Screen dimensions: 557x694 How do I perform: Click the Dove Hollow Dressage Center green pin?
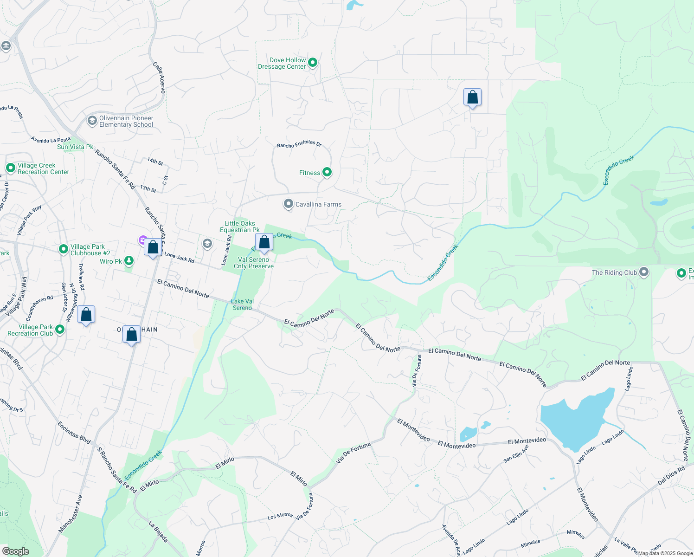coord(313,62)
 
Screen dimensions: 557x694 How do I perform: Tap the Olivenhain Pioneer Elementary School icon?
coord(92,121)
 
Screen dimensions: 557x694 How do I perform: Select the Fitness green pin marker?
coord(327,172)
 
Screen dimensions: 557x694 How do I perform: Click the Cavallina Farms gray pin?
coord(289,204)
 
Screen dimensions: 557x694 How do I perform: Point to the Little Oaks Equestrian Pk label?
coord(239,227)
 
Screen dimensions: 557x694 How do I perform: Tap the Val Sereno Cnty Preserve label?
coord(254,263)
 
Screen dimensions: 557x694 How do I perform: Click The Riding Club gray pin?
coord(643,272)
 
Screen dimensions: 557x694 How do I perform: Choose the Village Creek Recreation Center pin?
coord(10,168)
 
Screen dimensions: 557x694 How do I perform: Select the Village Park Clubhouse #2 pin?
coord(64,249)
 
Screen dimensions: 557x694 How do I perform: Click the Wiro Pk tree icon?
coord(129,261)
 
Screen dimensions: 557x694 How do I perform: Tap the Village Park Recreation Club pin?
coord(60,330)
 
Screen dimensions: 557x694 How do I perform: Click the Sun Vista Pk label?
coord(75,147)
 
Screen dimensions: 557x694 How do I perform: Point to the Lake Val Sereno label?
coord(242,304)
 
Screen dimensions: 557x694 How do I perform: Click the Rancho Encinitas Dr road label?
coord(299,144)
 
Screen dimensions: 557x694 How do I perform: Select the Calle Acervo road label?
coord(159,78)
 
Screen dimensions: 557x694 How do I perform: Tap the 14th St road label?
coord(155,161)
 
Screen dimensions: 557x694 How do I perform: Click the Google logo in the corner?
coord(15,551)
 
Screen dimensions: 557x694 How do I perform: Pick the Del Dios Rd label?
coord(671,476)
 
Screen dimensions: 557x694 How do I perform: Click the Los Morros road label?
coord(280,516)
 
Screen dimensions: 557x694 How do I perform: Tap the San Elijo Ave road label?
coord(516,454)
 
